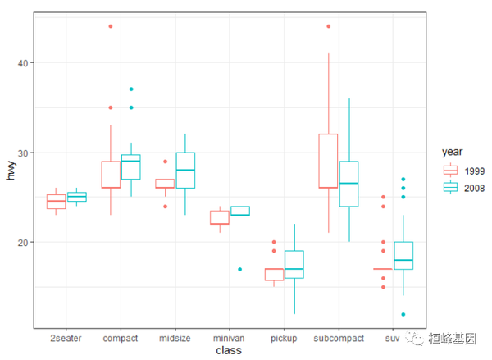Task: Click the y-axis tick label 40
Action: [x=24, y=63]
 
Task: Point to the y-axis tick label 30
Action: [x=24, y=153]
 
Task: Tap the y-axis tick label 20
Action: [x=24, y=243]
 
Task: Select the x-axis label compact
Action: [x=121, y=337]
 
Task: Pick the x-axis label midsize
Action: [x=175, y=337]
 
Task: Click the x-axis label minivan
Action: [x=229, y=337]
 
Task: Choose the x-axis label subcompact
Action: [x=338, y=337]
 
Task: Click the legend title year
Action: [x=453, y=152]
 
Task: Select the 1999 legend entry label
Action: [x=474, y=170]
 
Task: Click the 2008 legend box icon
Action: [x=450, y=188]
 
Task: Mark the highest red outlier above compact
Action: [x=111, y=26]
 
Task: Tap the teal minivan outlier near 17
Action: [x=239, y=269]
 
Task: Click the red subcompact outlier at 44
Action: [x=328, y=26]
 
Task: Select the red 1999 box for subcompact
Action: [x=328, y=161]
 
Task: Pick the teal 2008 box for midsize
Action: [x=185, y=171]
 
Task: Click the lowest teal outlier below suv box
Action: [x=403, y=314]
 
